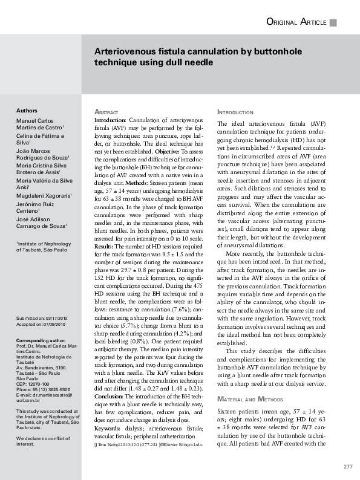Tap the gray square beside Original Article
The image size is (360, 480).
pyautogui.click(x=333, y=23)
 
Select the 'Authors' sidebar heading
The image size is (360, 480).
pyautogui.click(x=27, y=111)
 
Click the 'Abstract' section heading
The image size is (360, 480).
pyautogui.click(x=106, y=113)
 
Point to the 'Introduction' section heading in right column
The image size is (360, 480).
pyautogui.click(x=235, y=113)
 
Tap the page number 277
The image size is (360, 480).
pyautogui.click(x=347, y=467)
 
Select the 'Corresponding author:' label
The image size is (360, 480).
pyautogui.click(x=41, y=340)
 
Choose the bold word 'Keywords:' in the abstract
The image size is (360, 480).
pyautogui.click(x=107, y=428)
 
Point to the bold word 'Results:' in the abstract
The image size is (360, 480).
pyautogui.click(x=104, y=247)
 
